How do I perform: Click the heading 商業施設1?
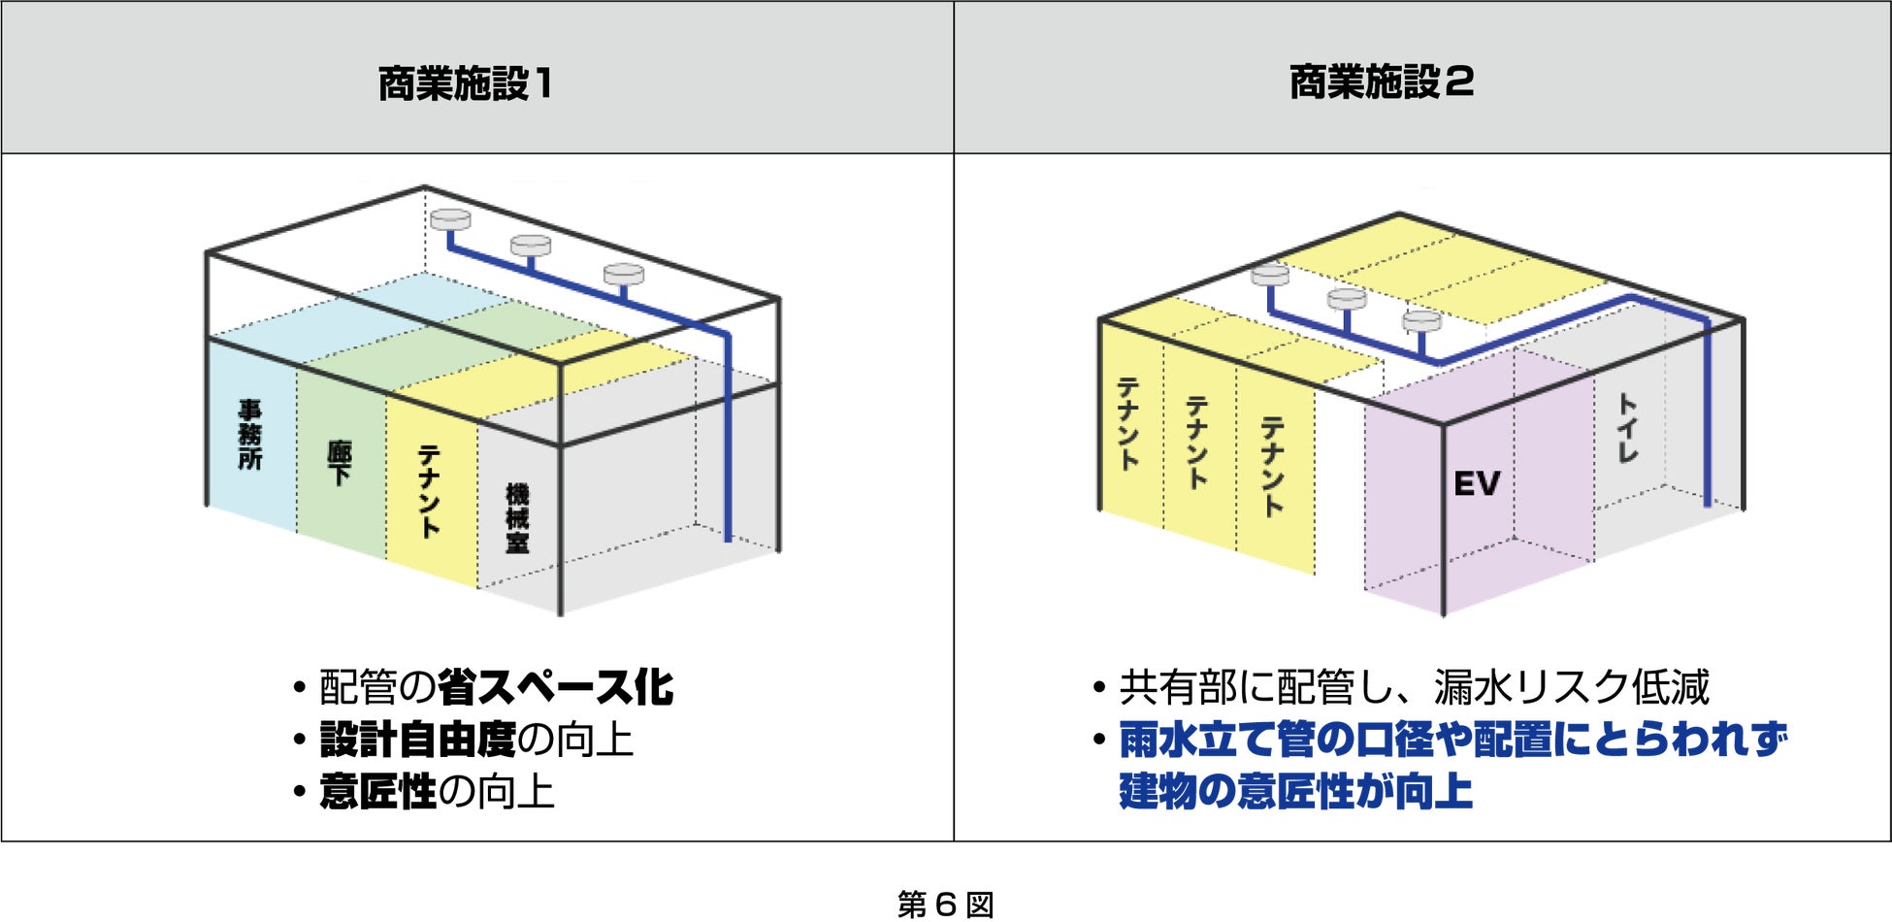point(465,83)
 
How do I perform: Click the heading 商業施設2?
point(1381,82)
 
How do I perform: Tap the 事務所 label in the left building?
point(250,435)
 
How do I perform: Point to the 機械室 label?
point(517,519)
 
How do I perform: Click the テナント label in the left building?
point(429,491)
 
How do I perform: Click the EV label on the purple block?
point(1477,483)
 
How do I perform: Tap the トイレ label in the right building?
point(1627,428)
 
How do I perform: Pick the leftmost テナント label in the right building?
point(1128,424)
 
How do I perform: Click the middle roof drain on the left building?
point(531,246)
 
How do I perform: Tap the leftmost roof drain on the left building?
point(450,220)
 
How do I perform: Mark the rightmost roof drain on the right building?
point(1421,321)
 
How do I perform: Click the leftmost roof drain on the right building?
point(1270,276)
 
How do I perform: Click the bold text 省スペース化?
point(555,687)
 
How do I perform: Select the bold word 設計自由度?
point(418,740)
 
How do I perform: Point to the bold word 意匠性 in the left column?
point(378,792)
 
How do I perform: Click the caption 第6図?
point(945,905)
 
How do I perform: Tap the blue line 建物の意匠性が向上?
point(1295,791)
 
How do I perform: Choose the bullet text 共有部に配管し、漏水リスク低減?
point(1414,687)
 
